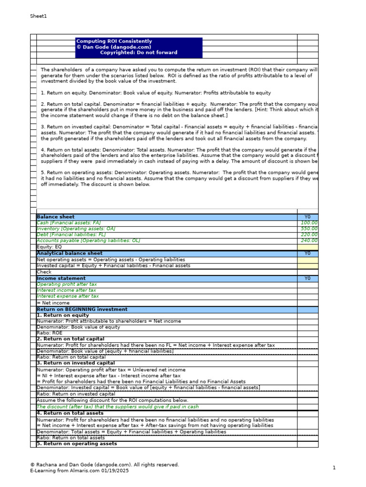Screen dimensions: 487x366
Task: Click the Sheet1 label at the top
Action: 39,16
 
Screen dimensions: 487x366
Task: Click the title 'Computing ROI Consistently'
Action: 114,41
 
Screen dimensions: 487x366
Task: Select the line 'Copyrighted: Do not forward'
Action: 138,53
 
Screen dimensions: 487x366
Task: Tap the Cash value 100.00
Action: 309,223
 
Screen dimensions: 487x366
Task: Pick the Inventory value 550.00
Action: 309,229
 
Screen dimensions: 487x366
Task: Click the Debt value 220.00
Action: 309,235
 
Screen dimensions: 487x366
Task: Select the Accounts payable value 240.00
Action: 309,241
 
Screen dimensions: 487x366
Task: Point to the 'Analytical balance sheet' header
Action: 70,253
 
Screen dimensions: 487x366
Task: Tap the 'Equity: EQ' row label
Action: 49,247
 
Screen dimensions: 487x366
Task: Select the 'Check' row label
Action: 44,272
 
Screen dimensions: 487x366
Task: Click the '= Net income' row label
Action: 53,303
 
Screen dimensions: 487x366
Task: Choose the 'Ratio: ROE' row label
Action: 50,333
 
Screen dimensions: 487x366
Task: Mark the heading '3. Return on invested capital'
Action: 75,363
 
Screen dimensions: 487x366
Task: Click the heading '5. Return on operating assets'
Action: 77,444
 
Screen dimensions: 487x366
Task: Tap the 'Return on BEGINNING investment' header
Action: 82,310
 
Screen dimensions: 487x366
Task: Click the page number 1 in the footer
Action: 334,468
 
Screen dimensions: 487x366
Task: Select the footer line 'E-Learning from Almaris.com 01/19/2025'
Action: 79,471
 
